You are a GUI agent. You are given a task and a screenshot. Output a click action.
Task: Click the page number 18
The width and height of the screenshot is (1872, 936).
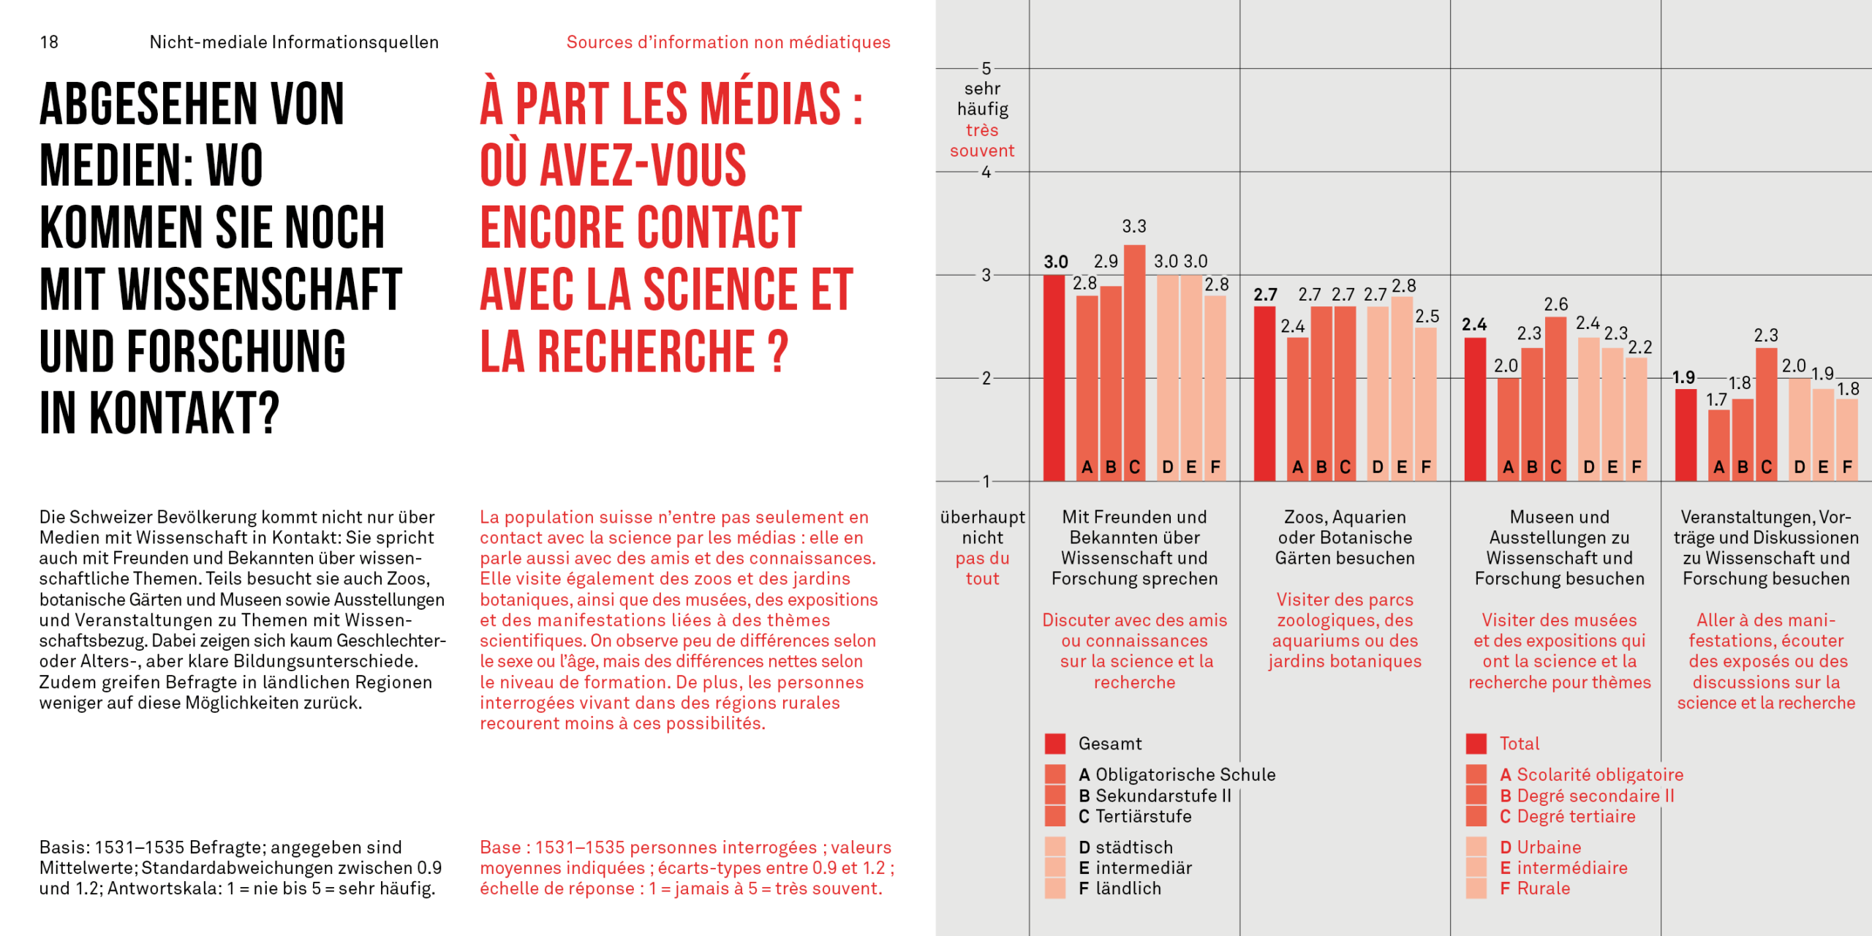tap(49, 42)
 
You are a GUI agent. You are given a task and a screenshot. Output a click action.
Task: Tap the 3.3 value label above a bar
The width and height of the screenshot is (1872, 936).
tap(1134, 227)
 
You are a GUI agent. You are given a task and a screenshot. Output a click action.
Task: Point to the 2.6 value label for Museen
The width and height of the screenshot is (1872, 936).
tap(1555, 304)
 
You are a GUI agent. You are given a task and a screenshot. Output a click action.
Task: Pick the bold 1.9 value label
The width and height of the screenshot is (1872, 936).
tap(1683, 377)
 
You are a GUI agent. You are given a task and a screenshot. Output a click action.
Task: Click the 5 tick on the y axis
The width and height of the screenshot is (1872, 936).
tap(986, 69)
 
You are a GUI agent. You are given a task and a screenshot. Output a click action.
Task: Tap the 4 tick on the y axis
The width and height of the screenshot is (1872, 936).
tap(986, 173)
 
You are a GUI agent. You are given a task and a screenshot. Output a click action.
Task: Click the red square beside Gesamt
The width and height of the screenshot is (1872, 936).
tap(1054, 744)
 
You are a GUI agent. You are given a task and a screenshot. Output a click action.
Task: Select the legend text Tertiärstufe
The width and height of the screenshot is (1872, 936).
tap(1143, 816)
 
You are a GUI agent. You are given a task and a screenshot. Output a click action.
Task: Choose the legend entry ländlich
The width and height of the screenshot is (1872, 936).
tap(1128, 888)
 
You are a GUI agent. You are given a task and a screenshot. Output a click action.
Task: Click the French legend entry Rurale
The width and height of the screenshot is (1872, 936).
tap(1543, 888)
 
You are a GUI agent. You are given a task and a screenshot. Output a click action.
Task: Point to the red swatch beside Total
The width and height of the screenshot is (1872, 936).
tap(1476, 744)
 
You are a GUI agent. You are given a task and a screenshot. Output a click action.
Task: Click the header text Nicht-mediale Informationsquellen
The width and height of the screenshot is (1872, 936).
tap(294, 42)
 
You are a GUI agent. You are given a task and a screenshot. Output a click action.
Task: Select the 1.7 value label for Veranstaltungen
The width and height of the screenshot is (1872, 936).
tap(1716, 400)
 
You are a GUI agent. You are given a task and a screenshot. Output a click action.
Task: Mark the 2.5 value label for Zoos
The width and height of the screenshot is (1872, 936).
tap(1427, 317)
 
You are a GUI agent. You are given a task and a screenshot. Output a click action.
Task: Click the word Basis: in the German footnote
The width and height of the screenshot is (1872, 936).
tap(64, 848)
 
